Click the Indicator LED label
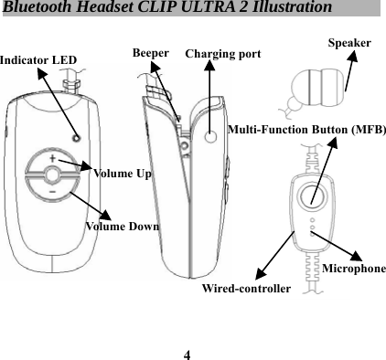point(38,60)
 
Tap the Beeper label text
point(151,52)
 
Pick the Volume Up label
point(123,172)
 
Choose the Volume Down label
point(122,225)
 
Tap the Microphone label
point(353,270)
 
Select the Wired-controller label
point(245,289)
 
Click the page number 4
point(187,353)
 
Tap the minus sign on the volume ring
point(51,193)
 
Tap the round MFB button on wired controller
point(313,196)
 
